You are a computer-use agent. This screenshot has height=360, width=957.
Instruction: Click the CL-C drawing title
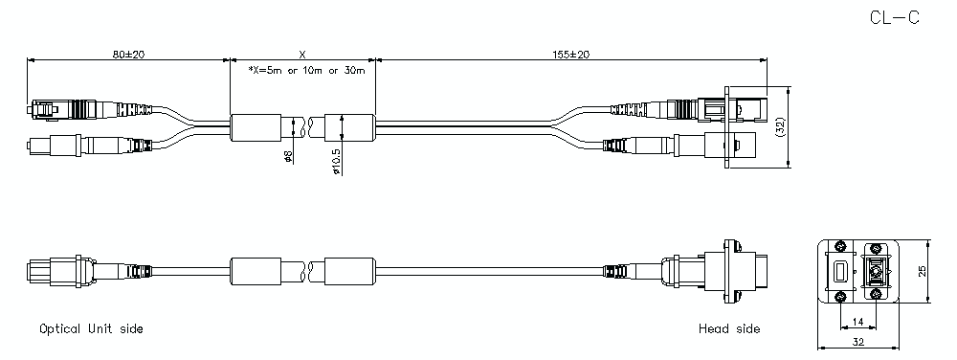tap(894, 17)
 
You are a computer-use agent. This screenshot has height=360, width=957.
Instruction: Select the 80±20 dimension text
tap(128, 55)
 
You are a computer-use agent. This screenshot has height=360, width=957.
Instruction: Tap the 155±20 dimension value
tap(570, 55)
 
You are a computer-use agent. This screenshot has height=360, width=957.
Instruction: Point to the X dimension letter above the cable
tap(302, 55)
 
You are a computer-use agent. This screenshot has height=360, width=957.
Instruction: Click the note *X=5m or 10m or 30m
tap(306, 70)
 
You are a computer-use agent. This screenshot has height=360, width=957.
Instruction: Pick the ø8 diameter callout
tap(288, 156)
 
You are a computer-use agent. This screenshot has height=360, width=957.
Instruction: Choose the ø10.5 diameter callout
tap(337, 161)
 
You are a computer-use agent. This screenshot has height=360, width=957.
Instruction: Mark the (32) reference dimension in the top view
tap(781, 127)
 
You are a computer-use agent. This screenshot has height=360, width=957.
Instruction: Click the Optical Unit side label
tap(91, 328)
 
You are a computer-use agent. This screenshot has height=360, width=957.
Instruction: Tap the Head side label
tap(729, 328)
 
